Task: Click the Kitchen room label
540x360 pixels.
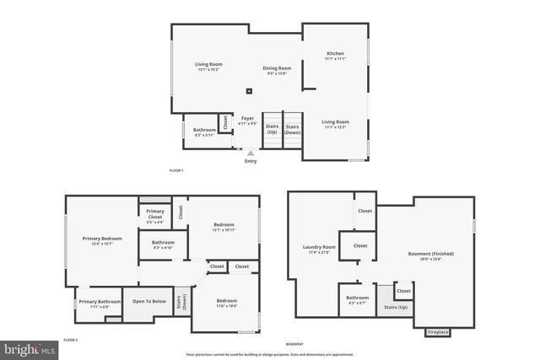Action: [x=336, y=56]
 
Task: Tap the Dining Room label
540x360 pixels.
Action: [x=276, y=70]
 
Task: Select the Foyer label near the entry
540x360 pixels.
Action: [x=247, y=121]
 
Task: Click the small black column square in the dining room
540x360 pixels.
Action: [x=248, y=91]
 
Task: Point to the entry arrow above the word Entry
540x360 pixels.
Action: [x=251, y=153]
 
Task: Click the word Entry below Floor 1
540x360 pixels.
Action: [x=251, y=161]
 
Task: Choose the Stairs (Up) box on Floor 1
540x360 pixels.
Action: [x=272, y=130]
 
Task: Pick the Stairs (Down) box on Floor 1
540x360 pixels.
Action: [x=292, y=130]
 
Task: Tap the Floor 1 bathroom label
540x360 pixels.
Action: [x=199, y=132]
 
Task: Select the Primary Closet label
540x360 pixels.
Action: [x=154, y=214]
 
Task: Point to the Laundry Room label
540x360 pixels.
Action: [x=319, y=249]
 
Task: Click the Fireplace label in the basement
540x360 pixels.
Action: [x=437, y=332]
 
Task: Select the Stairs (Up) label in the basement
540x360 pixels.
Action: [x=396, y=309]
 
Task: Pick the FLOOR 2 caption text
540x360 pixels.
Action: [x=71, y=339]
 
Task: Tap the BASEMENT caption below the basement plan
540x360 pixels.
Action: [x=294, y=344]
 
